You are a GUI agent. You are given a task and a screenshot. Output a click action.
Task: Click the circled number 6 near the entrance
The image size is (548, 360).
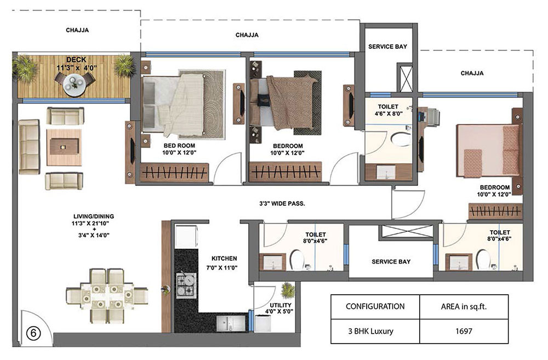click(33, 333)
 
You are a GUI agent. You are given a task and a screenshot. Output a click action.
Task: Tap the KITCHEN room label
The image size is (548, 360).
click(224, 259)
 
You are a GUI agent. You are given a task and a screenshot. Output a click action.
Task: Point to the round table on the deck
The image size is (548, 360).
click(74, 86)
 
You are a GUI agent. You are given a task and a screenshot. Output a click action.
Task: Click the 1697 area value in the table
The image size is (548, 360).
click(464, 331)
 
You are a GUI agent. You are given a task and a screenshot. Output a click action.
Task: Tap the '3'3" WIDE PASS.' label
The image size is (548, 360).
click(282, 203)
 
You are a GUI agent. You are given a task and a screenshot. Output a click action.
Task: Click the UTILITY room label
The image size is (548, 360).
click(280, 305)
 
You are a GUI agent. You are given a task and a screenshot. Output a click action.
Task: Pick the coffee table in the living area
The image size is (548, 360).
click(64, 147)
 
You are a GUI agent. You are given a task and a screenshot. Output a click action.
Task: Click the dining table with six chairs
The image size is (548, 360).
click(107, 295)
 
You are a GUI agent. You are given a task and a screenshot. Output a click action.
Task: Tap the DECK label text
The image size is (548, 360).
click(76, 60)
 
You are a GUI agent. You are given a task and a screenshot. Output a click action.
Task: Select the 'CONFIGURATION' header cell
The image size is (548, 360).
click(375, 307)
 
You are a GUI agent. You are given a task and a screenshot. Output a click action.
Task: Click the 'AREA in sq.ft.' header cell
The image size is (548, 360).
click(464, 307)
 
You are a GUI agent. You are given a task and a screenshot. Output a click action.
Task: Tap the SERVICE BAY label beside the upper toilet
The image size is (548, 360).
click(387, 47)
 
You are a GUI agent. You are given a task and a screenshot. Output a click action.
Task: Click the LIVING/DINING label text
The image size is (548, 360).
click(94, 216)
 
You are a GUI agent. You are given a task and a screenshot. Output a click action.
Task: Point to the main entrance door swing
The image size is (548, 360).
click(37, 327)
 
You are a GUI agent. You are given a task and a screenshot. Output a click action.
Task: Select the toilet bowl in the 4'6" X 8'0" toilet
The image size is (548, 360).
click(402, 139)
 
